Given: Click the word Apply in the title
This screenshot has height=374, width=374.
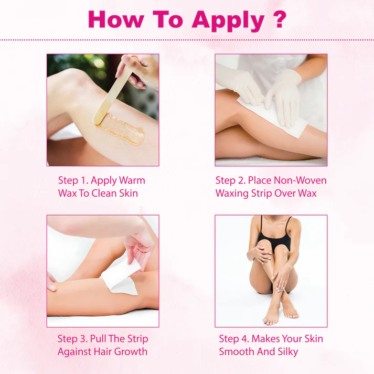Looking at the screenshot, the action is (228, 21).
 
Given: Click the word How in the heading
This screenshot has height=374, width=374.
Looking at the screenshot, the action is (116, 19).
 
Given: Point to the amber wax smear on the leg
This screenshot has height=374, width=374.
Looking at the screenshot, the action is (122, 129).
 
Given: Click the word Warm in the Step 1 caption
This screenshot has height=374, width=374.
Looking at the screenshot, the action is (132, 180).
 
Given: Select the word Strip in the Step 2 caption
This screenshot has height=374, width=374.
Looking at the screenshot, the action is (262, 193).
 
